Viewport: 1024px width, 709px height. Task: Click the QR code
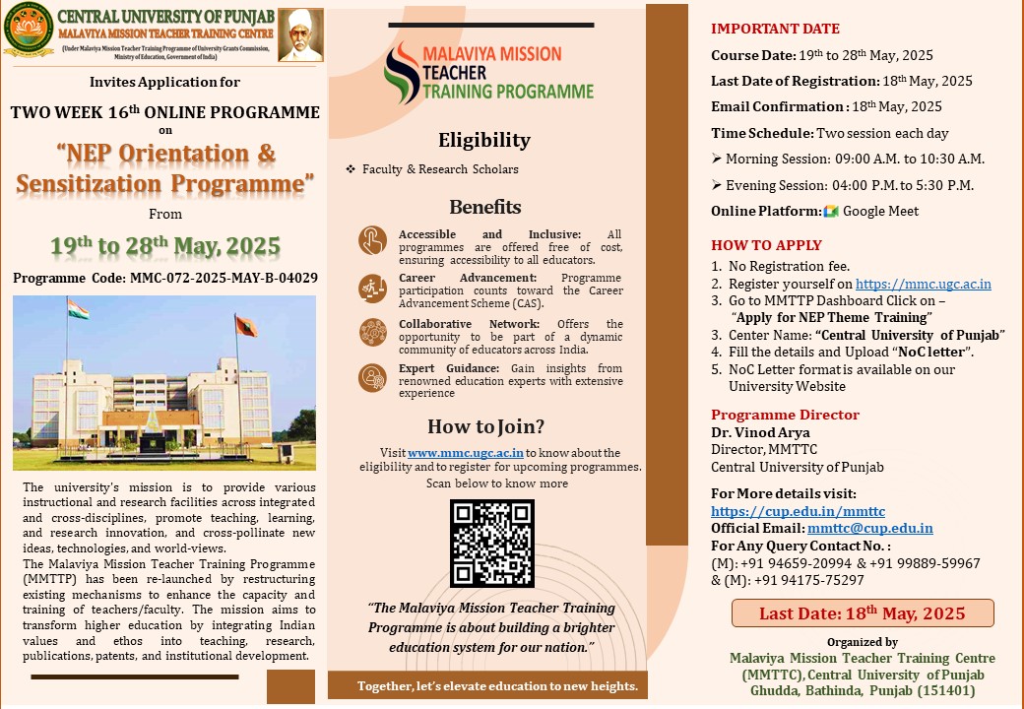pos(491,544)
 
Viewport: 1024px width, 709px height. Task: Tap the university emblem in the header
pos(28,32)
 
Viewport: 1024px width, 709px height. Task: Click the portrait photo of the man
pos(300,35)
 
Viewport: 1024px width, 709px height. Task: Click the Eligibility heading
pos(483,140)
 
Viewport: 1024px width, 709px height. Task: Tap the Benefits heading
pos(484,207)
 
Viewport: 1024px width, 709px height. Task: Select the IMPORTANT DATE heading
pos(775,29)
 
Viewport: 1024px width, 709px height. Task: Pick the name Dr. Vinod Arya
pos(746,432)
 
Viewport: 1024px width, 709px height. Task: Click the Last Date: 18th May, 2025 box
pos(862,613)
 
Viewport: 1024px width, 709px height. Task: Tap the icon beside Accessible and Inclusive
pos(373,240)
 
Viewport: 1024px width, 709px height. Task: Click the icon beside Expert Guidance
pos(373,377)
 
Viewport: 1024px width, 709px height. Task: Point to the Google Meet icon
pos(830,211)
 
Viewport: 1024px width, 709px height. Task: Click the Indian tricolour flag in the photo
pos(78,311)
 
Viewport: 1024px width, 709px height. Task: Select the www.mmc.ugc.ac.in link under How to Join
pos(452,452)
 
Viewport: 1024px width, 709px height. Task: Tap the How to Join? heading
pos(485,426)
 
